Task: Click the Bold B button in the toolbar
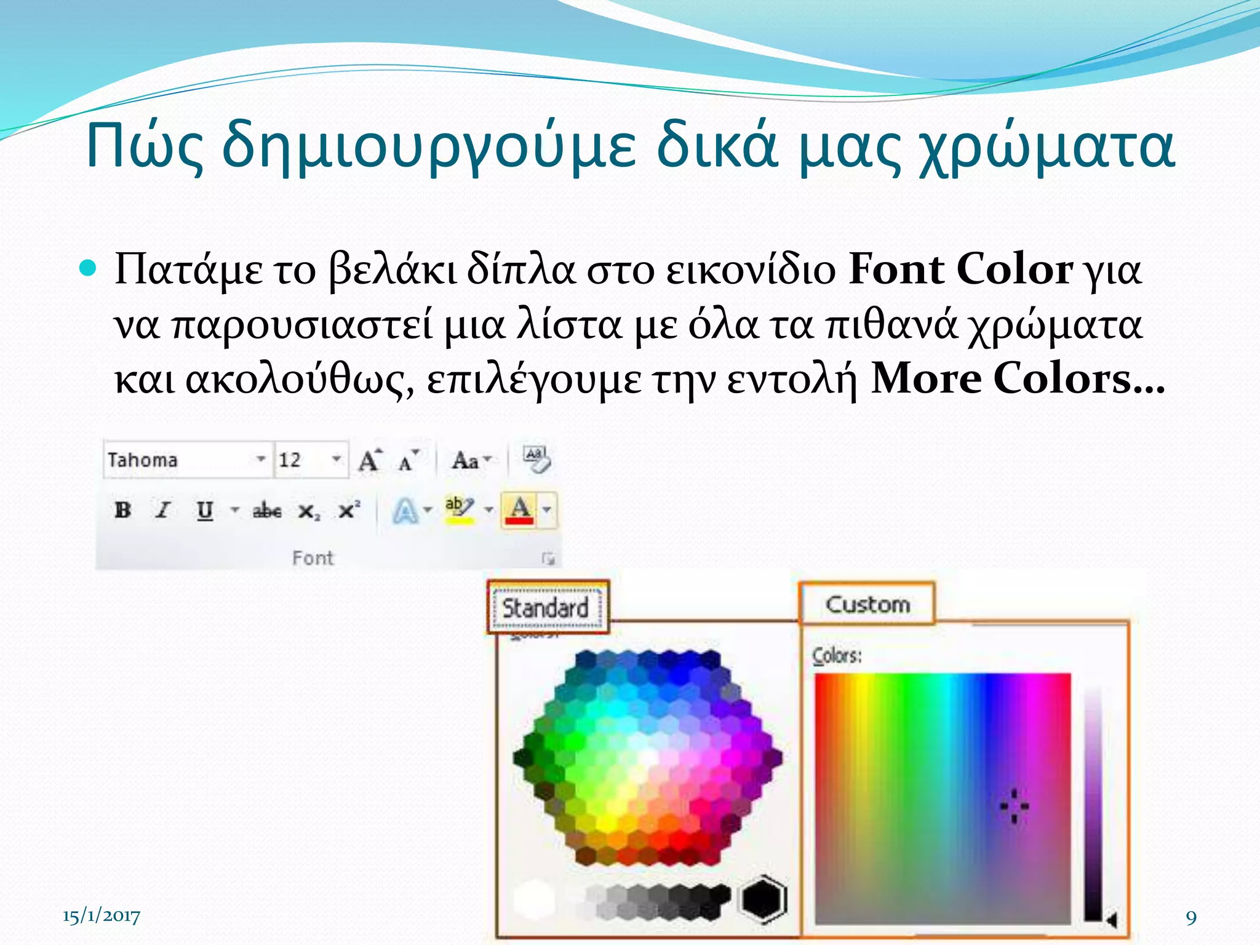(x=123, y=510)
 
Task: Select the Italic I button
(x=163, y=510)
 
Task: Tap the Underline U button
(x=205, y=511)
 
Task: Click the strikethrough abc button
(x=267, y=511)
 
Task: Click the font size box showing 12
(x=301, y=460)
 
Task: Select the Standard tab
(x=546, y=608)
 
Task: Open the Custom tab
(x=867, y=604)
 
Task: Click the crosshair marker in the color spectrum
(x=1014, y=806)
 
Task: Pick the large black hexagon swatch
(x=763, y=899)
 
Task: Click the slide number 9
(x=1191, y=917)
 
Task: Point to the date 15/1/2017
(x=102, y=916)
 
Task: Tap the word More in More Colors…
(x=926, y=378)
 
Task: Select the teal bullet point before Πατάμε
(x=90, y=268)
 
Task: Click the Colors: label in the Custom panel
(x=837, y=656)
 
